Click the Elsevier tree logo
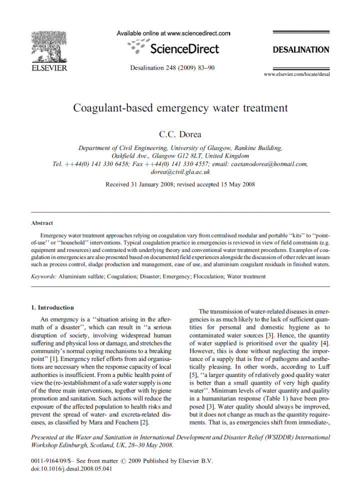[48, 47]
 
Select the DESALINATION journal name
[300, 50]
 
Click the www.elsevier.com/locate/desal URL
[296, 74]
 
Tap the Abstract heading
[42, 223]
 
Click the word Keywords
[43, 276]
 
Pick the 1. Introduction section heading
[52, 307]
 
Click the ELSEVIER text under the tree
[48, 68]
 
